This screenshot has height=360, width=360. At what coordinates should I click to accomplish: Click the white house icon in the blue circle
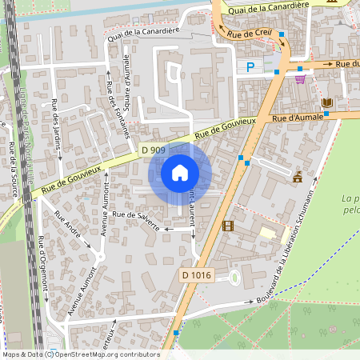[180, 172]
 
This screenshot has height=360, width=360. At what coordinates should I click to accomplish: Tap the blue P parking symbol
[250, 68]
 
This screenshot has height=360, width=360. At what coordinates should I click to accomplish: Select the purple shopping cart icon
[300, 78]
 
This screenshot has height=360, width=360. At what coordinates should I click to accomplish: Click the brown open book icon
[326, 102]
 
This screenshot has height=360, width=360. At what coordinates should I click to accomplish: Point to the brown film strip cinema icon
[228, 226]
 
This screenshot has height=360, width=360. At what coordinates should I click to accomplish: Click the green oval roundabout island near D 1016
[234, 278]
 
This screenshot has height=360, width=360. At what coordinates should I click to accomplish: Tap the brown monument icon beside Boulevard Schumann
[298, 176]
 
